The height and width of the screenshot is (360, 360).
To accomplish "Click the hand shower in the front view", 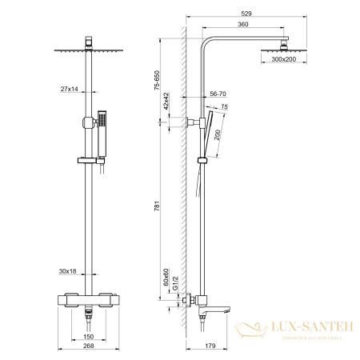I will [x=101, y=136].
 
